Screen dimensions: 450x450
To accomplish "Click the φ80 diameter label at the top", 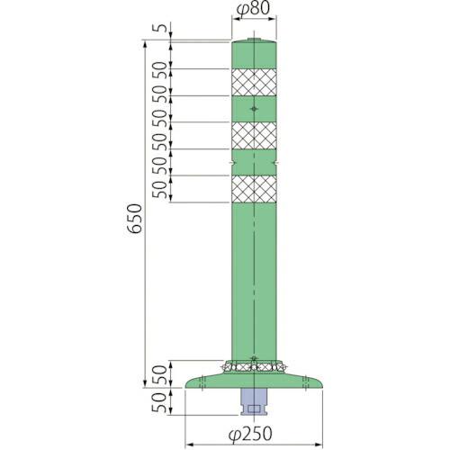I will [255, 12].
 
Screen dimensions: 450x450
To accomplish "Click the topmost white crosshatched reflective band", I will [255, 82].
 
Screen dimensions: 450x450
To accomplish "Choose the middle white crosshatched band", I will [255, 135].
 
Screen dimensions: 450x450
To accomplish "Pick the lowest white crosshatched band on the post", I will [255, 188].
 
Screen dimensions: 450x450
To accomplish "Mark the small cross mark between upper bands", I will [255, 109].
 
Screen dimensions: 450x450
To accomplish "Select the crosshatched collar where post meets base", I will [255, 367].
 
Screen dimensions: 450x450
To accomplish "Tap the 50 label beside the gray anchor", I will [159, 402].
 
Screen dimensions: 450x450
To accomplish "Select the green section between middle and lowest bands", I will [255, 162].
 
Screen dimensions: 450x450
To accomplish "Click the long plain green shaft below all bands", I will [255, 279].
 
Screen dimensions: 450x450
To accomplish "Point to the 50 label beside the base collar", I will [159, 373].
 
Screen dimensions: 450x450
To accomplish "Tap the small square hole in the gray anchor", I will [255, 408].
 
